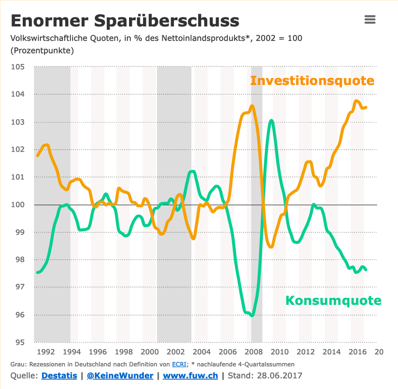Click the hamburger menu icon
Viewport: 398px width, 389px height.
click(x=370, y=20)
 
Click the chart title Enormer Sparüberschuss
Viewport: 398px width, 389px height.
click(x=125, y=21)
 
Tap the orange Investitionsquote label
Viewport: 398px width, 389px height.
click(x=312, y=81)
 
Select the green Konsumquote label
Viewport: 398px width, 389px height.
click(x=333, y=301)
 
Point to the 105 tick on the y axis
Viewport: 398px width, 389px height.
click(x=17, y=67)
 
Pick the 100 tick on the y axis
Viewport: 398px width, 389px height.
click(x=17, y=205)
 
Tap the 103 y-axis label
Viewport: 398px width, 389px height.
click(x=17, y=122)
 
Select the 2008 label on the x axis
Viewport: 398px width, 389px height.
click(x=254, y=352)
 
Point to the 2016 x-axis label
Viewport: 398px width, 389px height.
click(x=357, y=352)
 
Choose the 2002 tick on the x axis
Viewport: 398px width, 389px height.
click(x=176, y=352)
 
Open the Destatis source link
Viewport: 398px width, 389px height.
click(x=59, y=376)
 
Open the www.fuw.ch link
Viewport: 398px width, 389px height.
click(x=190, y=376)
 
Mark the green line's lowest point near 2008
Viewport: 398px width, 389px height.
click(x=251, y=315)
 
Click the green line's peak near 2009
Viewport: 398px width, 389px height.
click(x=272, y=120)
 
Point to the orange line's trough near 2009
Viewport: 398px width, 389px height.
click(x=271, y=247)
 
